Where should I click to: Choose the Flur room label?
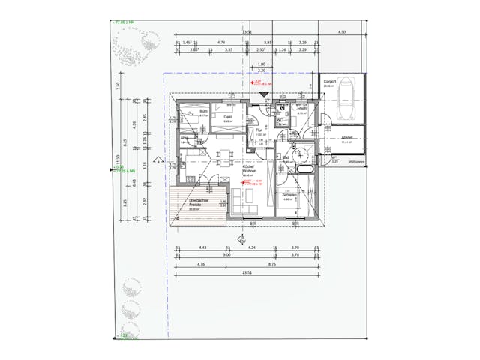click(258, 130)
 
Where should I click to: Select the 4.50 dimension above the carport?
click(342, 33)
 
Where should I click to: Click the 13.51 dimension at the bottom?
click(247, 274)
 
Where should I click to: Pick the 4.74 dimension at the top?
click(221, 43)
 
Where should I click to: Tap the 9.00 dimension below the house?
click(226, 255)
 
